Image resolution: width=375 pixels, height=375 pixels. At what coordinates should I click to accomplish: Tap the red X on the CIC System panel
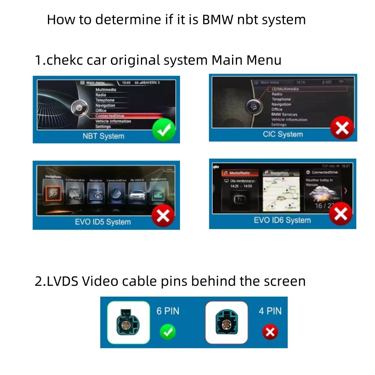click(342, 127)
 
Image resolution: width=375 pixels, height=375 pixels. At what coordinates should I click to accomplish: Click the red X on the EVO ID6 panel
click(340, 214)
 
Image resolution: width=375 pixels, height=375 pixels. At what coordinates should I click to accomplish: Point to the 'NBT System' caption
click(103, 136)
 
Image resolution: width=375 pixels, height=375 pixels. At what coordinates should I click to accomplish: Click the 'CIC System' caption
click(282, 134)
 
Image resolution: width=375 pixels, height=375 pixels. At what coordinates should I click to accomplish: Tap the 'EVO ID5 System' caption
click(103, 222)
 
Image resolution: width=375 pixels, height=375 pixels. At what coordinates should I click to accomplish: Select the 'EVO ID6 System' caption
click(282, 220)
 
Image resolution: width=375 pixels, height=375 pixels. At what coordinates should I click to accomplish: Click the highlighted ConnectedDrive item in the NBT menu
click(109, 116)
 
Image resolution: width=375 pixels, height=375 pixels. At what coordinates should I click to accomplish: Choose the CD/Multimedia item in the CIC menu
click(285, 89)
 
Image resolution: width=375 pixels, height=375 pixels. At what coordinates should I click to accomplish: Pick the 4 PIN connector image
click(226, 322)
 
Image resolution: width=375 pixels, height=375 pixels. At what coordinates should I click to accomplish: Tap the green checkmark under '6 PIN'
click(167, 332)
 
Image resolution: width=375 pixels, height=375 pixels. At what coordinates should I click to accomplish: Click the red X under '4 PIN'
click(270, 332)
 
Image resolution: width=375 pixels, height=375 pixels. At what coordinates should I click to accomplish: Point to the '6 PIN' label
click(168, 311)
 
